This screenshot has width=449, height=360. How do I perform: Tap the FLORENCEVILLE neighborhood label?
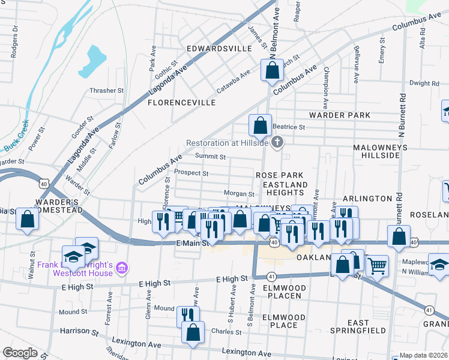click(x=181, y=103)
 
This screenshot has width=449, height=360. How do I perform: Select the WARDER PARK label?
click(x=339, y=115)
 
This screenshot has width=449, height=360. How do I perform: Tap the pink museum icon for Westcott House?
click(x=121, y=266)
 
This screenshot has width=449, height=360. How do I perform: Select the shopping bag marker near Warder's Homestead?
click(x=28, y=220)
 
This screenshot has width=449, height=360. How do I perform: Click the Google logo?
click(x=20, y=353)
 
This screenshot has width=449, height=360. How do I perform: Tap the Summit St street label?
click(x=210, y=157)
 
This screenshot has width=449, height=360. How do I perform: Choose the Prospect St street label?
click(x=191, y=173)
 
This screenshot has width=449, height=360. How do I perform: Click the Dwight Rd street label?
click(x=424, y=83)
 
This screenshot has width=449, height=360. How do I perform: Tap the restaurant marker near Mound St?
click(x=188, y=316)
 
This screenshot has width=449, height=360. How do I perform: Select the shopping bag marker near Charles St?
click(x=193, y=332)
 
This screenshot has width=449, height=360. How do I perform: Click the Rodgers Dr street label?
click(x=14, y=41)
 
